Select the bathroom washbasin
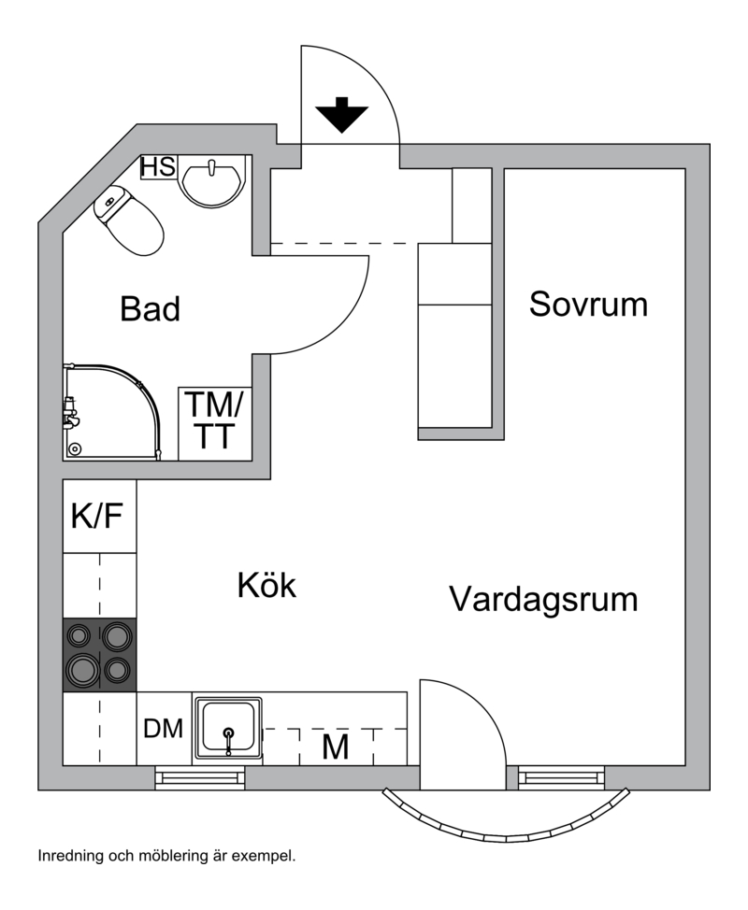coord(212,180)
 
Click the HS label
coord(158,167)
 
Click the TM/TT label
coord(214,421)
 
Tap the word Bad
coord(150,309)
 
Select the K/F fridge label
coord(97,515)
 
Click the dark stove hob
coord(99,654)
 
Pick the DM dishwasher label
coord(164,730)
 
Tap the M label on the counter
coord(335,747)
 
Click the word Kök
coord(266,586)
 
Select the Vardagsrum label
coord(543,598)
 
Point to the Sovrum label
coord(588,304)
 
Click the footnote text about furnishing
coord(166,855)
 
